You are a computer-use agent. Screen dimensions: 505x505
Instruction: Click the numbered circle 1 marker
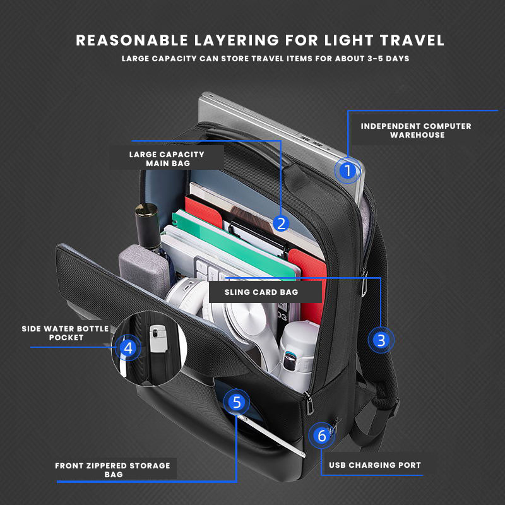[x=346, y=170]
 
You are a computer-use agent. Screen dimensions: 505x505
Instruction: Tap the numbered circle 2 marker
[x=282, y=223]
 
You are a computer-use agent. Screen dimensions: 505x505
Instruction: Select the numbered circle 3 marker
[x=381, y=340]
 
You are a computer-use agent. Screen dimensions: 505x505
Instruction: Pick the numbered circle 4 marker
[x=128, y=347]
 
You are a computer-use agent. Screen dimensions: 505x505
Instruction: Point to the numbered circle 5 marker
[x=237, y=402]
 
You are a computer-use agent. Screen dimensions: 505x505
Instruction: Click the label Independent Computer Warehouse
[x=416, y=131]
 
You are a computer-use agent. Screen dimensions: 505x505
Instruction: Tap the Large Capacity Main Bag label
[x=167, y=158]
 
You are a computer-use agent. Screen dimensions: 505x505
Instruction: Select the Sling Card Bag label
[x=261, y=292]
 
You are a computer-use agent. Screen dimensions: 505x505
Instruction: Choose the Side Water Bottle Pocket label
[x=66, y=333]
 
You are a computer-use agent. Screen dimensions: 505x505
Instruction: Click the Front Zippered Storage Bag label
[x=112, y=470]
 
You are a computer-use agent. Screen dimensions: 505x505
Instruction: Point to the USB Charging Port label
[x=375, y=465]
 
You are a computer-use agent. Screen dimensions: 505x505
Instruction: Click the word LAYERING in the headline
[x=225, y=40]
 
